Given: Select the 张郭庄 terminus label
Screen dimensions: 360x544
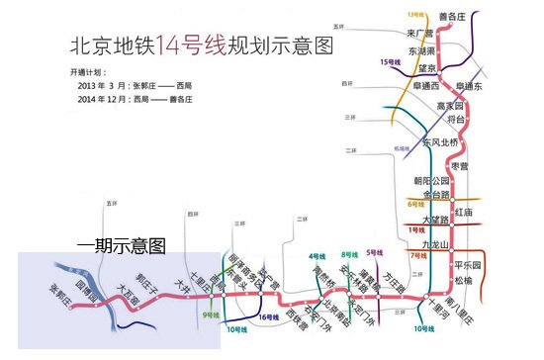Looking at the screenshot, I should coord(62,296).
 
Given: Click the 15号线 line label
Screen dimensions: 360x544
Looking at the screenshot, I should coord(389,61).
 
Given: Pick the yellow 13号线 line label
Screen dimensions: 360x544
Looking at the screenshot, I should coord(417,13).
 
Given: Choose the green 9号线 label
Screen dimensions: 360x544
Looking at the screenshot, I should coord(210,315).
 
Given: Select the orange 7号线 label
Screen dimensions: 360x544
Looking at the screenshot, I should coord(416,255).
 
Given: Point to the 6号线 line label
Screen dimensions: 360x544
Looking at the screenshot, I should coord(415,204).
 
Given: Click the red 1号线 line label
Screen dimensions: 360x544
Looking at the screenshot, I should coord(415,229).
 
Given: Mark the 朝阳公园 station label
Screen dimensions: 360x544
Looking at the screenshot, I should coord(431,181).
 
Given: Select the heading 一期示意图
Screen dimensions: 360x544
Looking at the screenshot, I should coord(121,242).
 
